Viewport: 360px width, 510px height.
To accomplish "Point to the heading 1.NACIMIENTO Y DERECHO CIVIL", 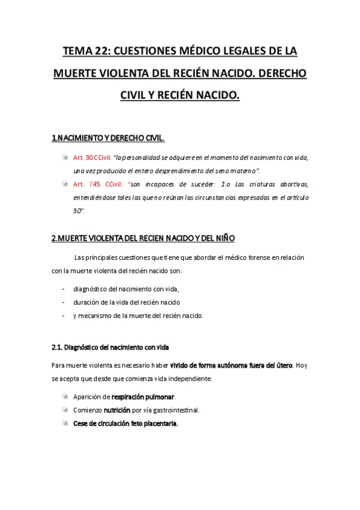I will click(x=108, y=138).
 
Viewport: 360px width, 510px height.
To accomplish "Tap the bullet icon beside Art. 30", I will click(x=65, y=158).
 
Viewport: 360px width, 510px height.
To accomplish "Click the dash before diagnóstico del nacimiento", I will click(x=63, y=289).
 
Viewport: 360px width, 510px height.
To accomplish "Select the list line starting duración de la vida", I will click(x=126, y=302).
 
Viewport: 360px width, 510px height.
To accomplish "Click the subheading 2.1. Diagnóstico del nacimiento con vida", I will click(x=111, y=348).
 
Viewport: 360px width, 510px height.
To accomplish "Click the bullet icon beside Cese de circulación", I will click(x=65, y=423).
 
